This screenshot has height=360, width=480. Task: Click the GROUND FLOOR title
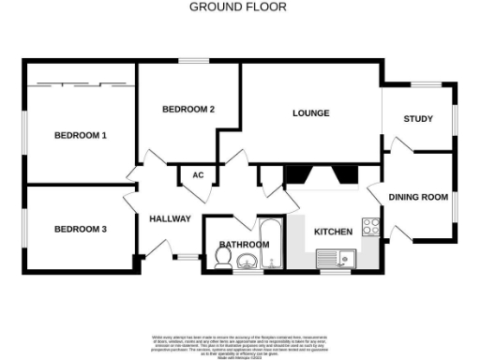[238, 7]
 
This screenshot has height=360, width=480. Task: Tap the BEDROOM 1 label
[80, 136]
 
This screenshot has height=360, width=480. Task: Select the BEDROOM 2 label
[188, 110]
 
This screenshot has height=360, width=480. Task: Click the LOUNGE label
[310, 113]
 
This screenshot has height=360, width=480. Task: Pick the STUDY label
[417, 119]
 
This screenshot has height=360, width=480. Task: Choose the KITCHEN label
[333, 232]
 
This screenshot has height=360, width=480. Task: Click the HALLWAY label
[170, 219]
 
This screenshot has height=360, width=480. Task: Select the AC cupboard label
[198, 175]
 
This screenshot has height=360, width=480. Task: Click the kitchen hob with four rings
[371, 227]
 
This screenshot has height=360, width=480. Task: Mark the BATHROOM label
[243, 245]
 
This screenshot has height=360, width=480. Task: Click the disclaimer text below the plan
[239, 343]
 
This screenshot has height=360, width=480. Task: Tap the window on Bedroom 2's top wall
[194, 62]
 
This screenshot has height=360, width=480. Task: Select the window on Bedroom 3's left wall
[24, 230]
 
